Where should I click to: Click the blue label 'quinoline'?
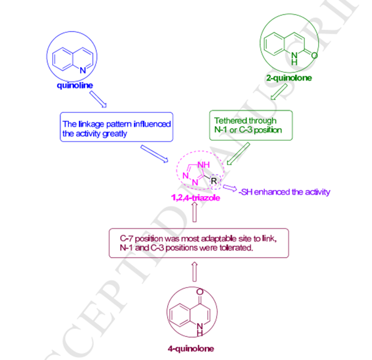75,85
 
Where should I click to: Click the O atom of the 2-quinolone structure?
314,56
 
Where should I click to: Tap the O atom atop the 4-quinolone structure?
200,292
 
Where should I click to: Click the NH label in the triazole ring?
204,165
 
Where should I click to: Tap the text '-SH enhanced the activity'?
284,191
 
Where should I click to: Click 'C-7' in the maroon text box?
127,239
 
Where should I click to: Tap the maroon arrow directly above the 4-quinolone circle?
194,272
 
